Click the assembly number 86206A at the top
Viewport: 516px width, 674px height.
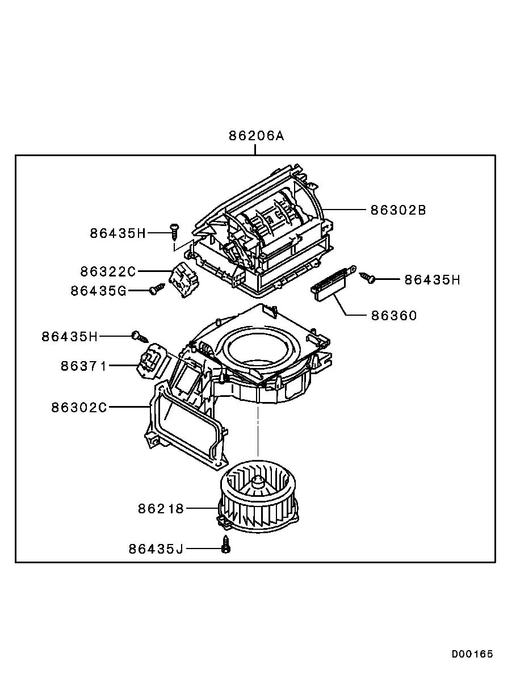pos(256,136)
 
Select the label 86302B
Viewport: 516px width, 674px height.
pos(398,210)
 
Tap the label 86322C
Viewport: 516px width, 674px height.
pos(108,271)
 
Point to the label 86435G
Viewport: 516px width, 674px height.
pos(98,291)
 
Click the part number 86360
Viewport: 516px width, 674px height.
pos(394,316)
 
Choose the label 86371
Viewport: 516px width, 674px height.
pos(84,366)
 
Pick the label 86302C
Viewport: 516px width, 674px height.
pos(79,408)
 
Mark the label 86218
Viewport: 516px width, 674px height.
pos(161,509)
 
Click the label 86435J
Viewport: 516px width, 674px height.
pos(156,549)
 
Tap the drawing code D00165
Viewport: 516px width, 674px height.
pos(472,654)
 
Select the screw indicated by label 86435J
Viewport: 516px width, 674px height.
pos(226,545)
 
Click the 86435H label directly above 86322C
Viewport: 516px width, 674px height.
pos(118,233)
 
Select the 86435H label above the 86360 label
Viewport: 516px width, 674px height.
pos(432,280)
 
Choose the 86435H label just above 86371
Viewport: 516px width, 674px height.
pos(69,337)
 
